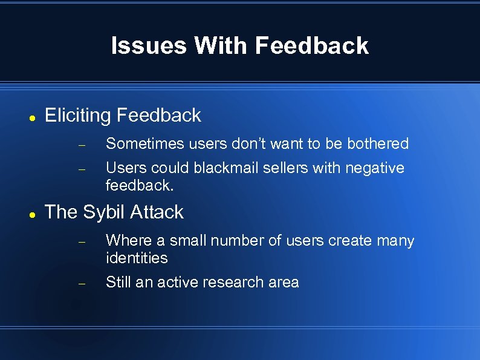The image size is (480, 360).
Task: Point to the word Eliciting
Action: point(78,116)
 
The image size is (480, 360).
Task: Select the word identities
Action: point(137,258)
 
